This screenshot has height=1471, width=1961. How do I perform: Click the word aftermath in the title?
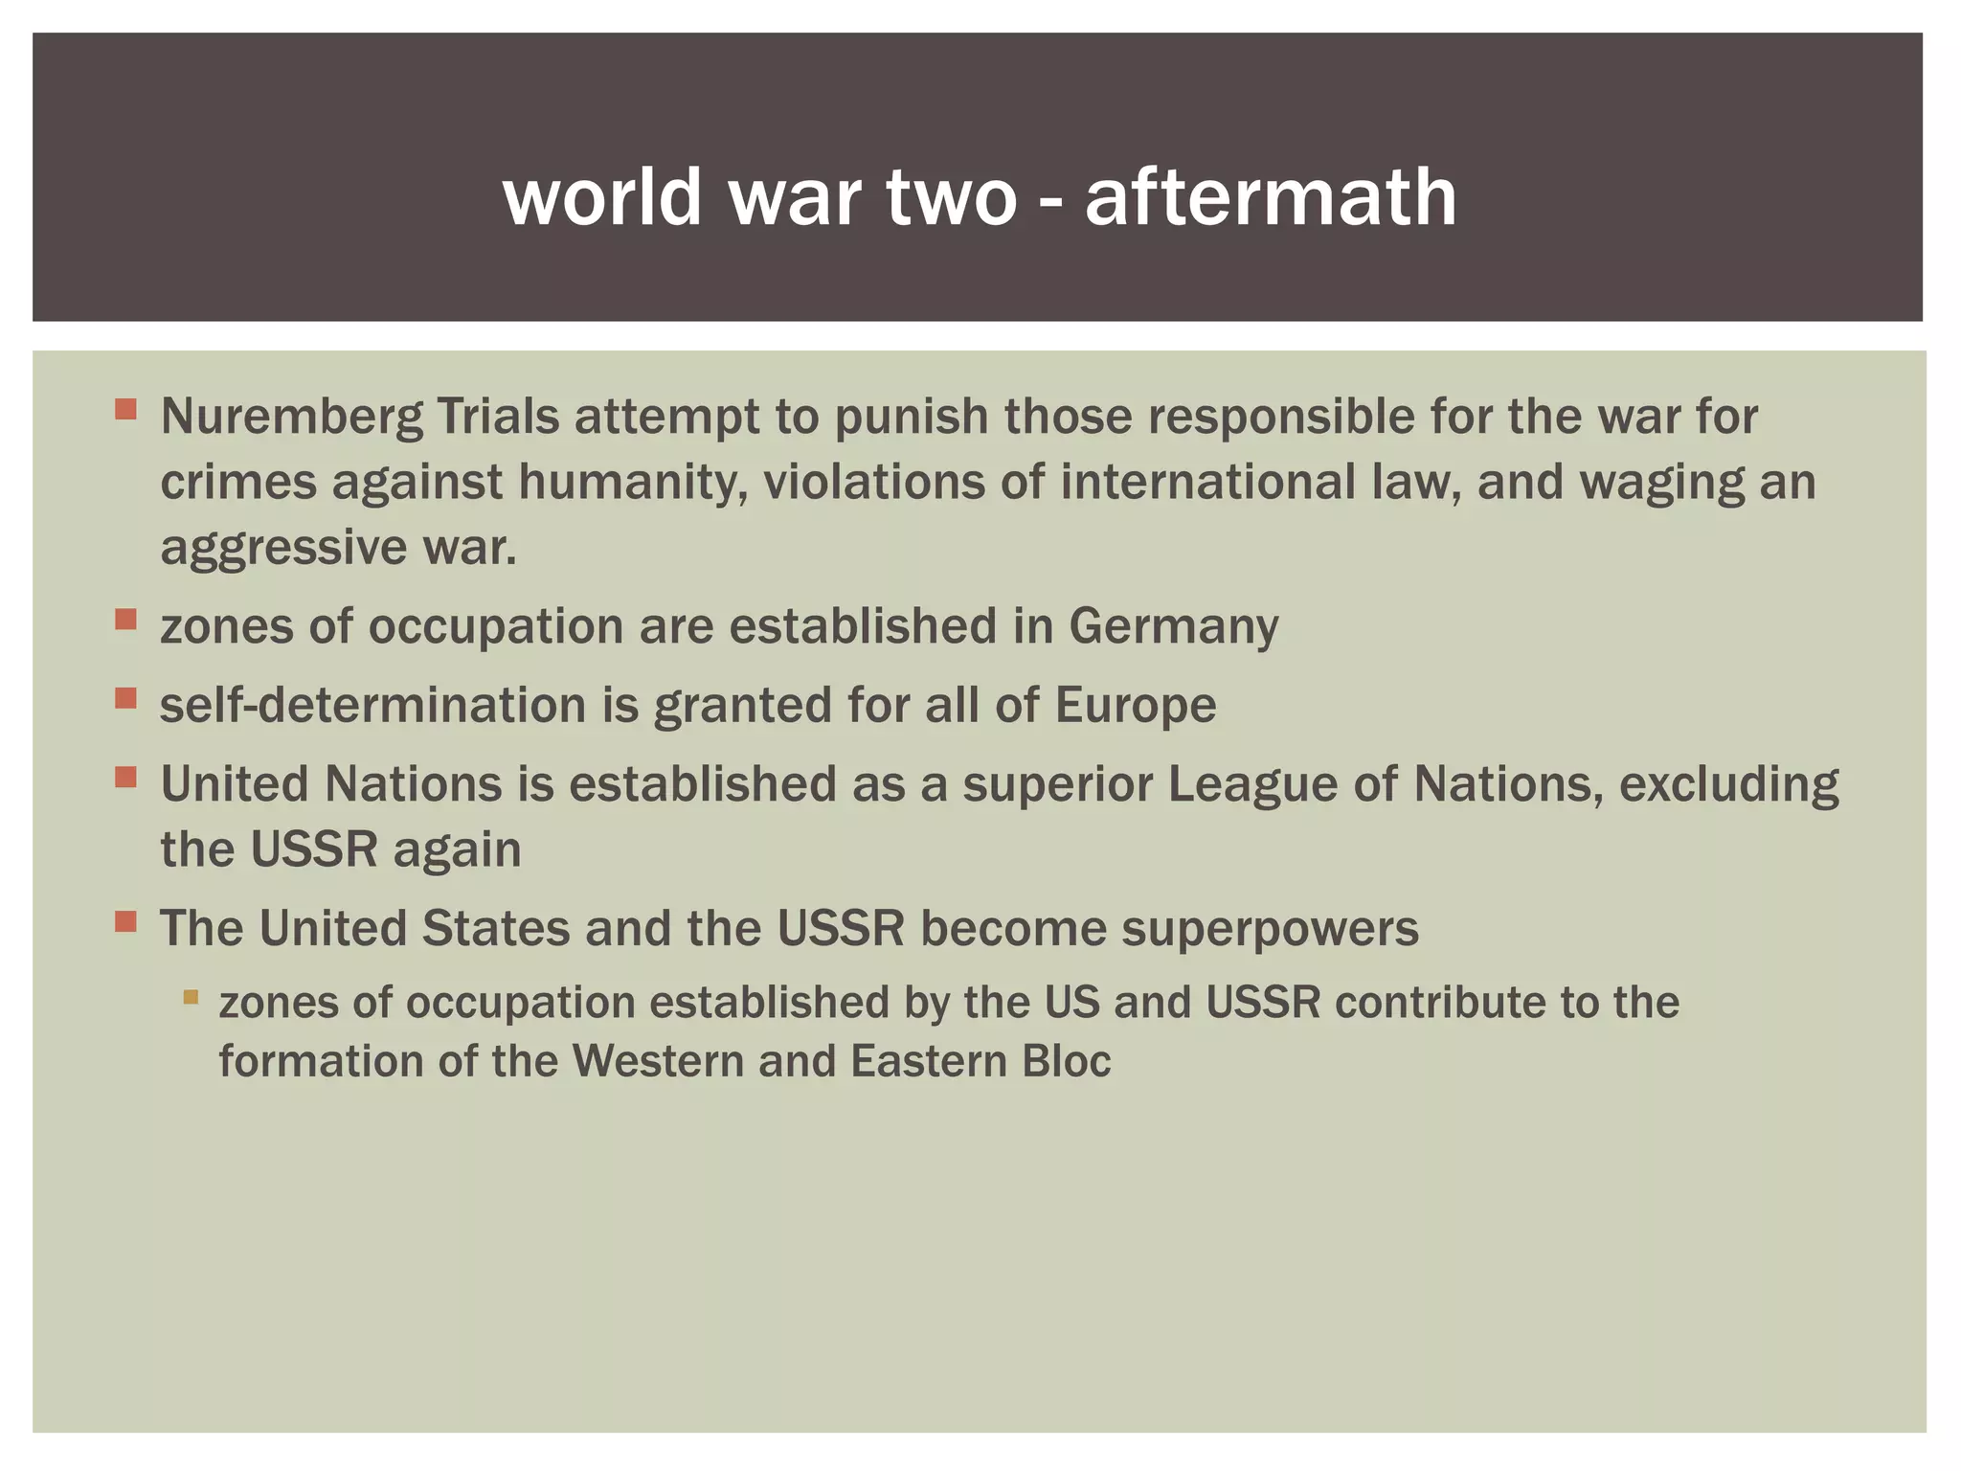point(1271,196)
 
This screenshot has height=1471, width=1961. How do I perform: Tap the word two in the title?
point(951,196)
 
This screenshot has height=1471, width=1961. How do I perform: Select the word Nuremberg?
point(291,417)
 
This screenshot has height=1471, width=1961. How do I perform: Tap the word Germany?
point(1173,626)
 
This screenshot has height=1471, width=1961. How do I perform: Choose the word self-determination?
point(372,706)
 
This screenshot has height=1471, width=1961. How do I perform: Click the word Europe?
point(1136,706)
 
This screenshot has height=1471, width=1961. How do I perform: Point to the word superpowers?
point(1270,929)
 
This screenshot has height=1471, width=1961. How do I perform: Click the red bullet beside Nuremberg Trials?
point(125,411)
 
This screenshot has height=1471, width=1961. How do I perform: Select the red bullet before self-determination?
point(125,699)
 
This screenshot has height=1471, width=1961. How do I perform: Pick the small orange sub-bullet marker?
point(191,997)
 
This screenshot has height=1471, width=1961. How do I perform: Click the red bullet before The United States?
point(125,922)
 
